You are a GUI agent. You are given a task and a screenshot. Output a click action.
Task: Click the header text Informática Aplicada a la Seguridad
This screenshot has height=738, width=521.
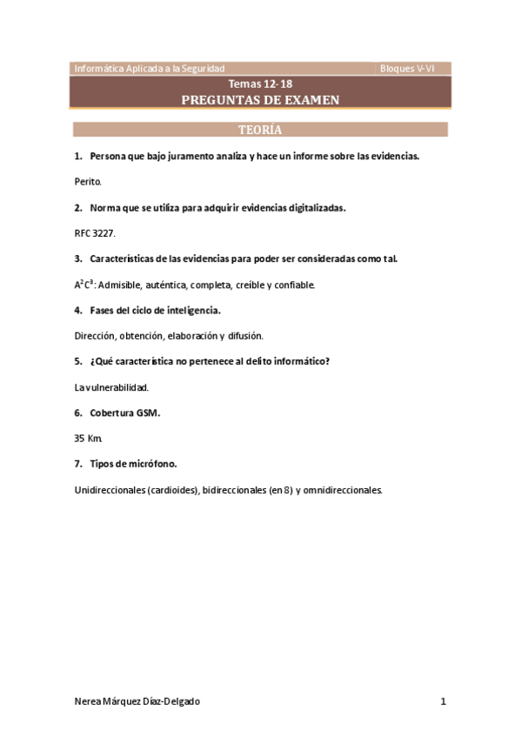(150, 68)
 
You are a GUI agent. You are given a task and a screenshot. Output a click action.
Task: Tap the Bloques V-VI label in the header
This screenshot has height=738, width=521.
(407, 68)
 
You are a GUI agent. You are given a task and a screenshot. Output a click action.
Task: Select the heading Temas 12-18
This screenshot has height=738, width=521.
(260, 84)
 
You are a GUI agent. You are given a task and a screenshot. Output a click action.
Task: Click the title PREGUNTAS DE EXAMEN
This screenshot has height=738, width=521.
(260, 100)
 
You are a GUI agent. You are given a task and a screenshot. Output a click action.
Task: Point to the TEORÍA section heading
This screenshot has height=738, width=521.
(260, 130)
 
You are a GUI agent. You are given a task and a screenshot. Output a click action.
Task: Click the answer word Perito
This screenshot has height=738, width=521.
(89, 182)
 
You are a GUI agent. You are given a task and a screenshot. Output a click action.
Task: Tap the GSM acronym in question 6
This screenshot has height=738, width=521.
(148, 413)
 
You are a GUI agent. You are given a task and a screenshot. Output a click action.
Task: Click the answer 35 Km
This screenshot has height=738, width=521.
(89, 439)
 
